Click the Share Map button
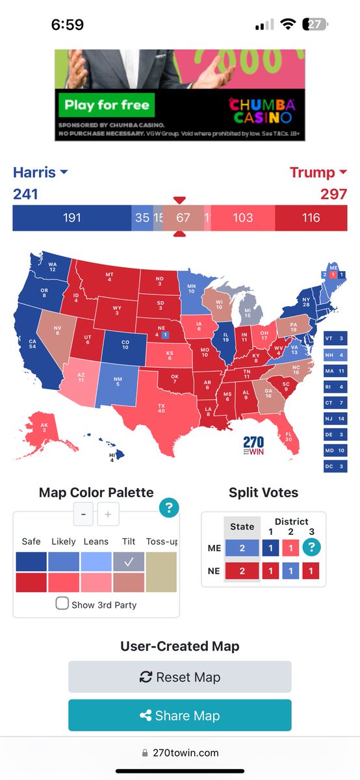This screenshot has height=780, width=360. [x=180, y=716]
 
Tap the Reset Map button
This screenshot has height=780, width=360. [x=180, y=677]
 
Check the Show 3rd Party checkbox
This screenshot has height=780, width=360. [x=62, y=603]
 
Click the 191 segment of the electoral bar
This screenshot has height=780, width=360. [x=72, y=218]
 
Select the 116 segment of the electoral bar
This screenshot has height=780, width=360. [x=311, y=218]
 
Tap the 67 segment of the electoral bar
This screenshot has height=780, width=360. [x=183, y=218]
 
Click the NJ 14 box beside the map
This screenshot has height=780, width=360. [x=335, y=418]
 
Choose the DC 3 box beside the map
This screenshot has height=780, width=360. [x=335, y=465]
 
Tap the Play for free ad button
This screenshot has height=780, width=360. [x=106, y=104]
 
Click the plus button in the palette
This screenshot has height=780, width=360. [x=108, y=515]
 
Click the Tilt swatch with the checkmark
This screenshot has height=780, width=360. [x=128, y=562]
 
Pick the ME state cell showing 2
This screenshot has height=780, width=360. [x=242, y=547]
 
